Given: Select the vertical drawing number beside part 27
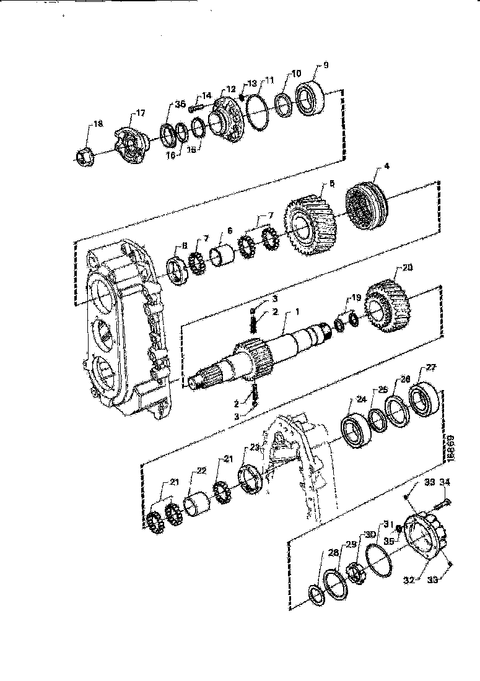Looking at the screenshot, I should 450,447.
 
